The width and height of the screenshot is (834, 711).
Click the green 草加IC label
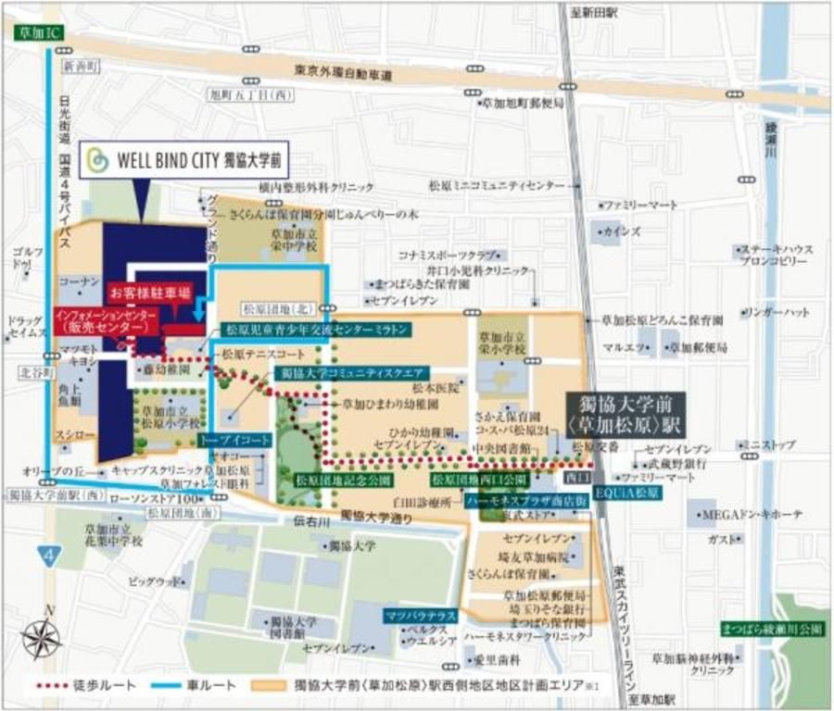(39, 31)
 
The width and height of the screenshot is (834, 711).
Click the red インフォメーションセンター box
(106, 321)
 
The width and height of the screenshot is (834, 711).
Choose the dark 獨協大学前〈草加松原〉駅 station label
(626, 414)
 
